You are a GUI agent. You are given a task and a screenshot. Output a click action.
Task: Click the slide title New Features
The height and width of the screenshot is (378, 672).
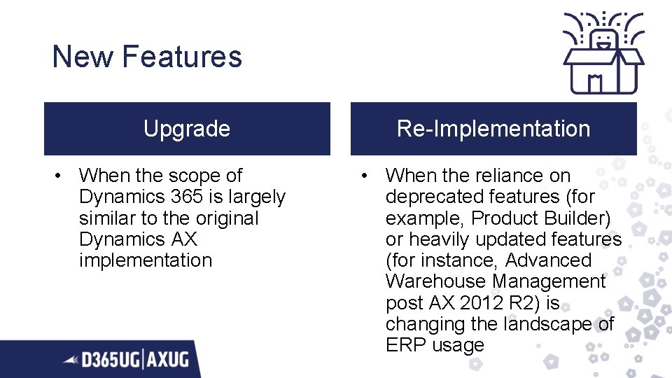click(x=147, y=57)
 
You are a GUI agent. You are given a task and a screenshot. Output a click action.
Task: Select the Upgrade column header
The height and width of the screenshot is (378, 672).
click(x=186, y=129)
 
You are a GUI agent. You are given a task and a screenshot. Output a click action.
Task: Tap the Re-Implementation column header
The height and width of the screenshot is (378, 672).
click(x=493, y=129)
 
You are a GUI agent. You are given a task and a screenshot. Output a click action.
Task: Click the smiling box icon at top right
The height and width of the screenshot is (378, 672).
click(x=603, y=52)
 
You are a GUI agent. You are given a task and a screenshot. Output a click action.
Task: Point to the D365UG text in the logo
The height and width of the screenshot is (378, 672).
click(x=111, y=360)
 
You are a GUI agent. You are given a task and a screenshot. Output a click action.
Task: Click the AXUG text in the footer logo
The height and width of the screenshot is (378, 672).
click(x=168, y=360)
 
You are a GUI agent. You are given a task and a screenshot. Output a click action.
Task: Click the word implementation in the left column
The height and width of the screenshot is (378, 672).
click(x=146, y=260)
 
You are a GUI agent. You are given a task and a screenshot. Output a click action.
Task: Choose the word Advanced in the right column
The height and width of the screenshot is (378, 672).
click(x=548, y=260)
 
